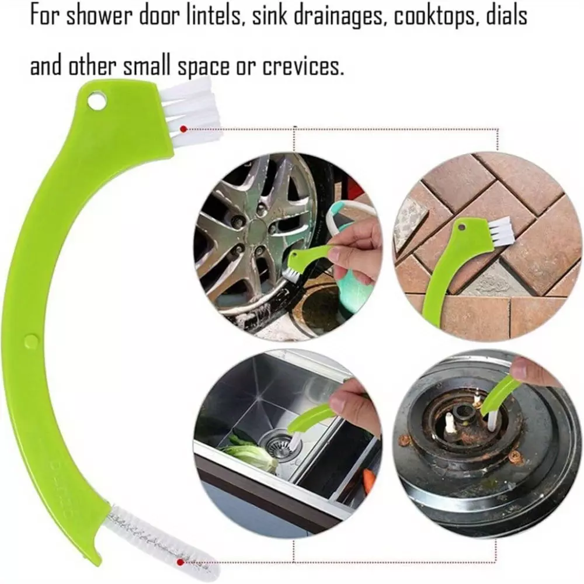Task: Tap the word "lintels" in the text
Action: [214, 16]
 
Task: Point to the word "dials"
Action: [505, 16]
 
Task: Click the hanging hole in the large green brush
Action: [96, 100]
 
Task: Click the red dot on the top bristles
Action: [183, 129]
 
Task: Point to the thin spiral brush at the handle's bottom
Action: [160, 540]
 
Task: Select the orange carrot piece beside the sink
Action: [369, 481]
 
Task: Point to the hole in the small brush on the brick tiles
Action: [462, 226]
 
